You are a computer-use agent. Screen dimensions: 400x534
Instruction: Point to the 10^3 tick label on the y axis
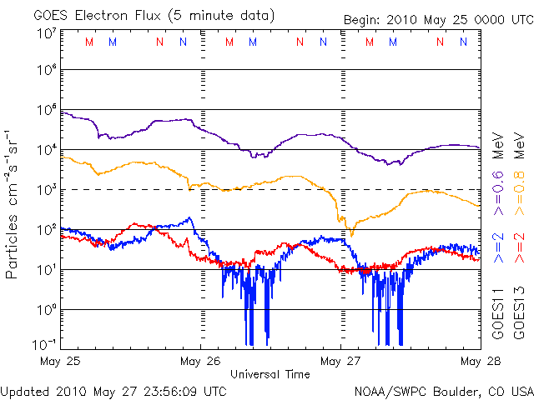(47, 190)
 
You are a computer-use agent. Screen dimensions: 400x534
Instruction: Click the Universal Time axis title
(270, 374)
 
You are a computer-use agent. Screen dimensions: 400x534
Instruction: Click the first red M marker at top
(89, 42)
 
